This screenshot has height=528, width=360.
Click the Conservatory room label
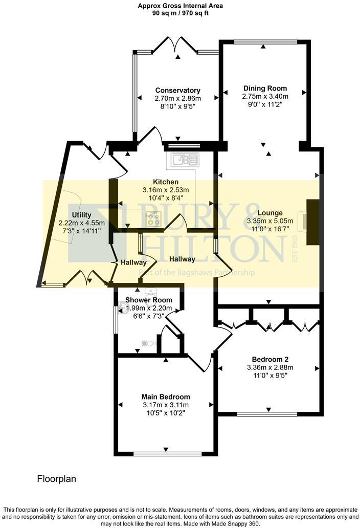click(177, 91)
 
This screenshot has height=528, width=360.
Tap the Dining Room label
click(265, 88)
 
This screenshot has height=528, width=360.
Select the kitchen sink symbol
click(184, 161)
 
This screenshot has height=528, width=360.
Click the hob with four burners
click(153, 218)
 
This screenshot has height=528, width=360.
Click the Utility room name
click(82, 215)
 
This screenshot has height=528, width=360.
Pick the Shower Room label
click(149, 300)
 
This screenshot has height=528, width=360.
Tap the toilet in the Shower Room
click(147, 343)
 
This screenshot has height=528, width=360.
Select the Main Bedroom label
click(166, 397)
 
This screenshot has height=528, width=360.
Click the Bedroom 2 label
click(268, 359)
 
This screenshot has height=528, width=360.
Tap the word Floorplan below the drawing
click(56, 479)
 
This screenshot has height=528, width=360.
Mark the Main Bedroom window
click(166, 453)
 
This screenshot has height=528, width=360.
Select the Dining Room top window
click(264, 41)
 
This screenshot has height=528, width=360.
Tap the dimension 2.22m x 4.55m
click(82, 223)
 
